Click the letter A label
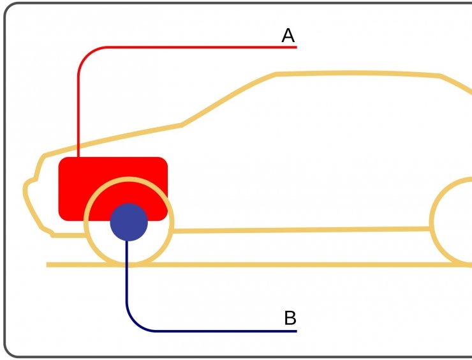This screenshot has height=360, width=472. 288,36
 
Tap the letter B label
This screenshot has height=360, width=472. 290,317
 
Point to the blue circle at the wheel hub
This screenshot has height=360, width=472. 129,222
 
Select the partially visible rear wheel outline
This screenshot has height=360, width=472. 434,220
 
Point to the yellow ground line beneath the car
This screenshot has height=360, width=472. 287,264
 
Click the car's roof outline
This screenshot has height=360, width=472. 357,73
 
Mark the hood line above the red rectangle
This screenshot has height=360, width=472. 115,138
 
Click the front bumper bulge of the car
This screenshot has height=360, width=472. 27,191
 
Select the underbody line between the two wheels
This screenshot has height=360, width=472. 300,229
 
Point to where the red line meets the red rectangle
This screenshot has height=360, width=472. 78,157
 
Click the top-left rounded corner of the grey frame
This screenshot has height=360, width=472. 8,8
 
